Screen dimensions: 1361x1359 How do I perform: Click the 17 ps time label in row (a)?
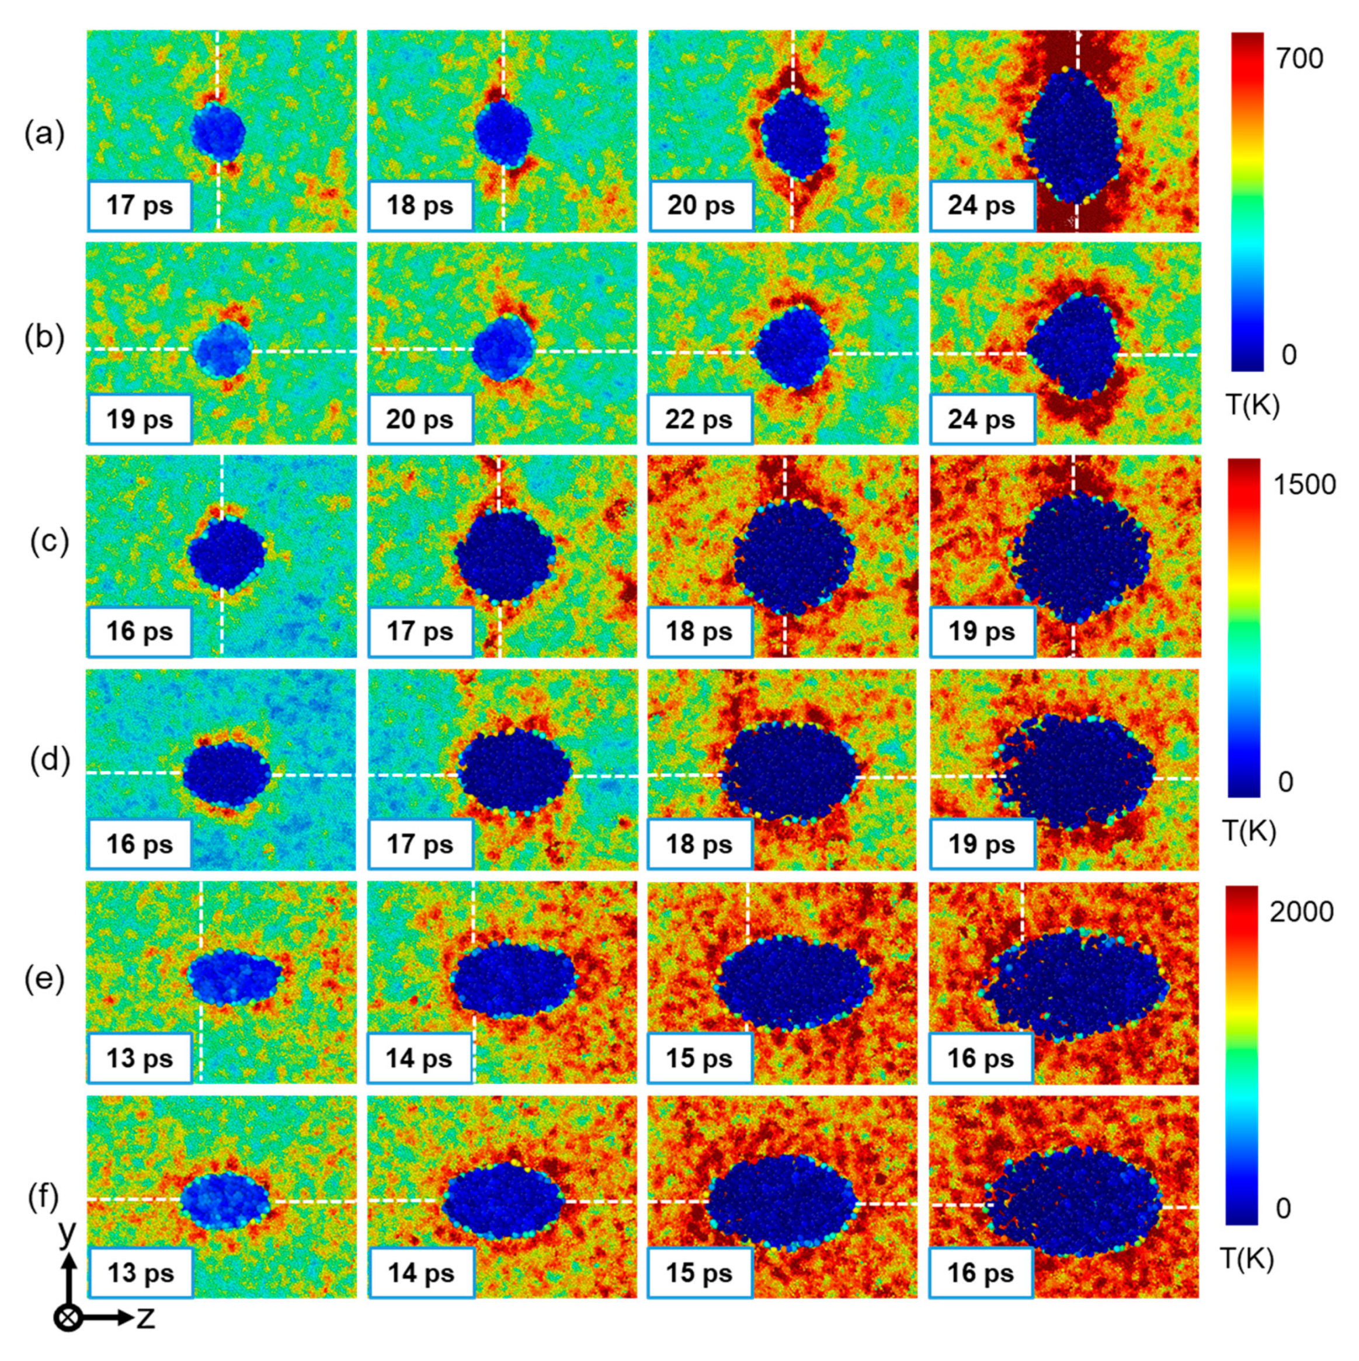140,205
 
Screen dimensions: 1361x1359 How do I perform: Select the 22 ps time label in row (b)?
699,419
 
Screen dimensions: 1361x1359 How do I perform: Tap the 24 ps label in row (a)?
981,205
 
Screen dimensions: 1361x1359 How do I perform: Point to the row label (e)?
44,979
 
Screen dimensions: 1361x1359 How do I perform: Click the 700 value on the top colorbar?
1299,58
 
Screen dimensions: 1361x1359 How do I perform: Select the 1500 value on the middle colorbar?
1304,484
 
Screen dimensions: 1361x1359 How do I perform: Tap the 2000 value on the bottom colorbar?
1301,912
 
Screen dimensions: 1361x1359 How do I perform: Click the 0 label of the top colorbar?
1288,355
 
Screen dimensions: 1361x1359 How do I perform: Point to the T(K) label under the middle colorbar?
1249,831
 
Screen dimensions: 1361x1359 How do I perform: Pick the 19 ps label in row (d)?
981,843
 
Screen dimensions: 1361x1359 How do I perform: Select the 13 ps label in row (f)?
140,1273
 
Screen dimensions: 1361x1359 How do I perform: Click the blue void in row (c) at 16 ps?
225,553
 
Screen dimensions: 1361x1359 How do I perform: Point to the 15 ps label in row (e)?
699,1058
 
